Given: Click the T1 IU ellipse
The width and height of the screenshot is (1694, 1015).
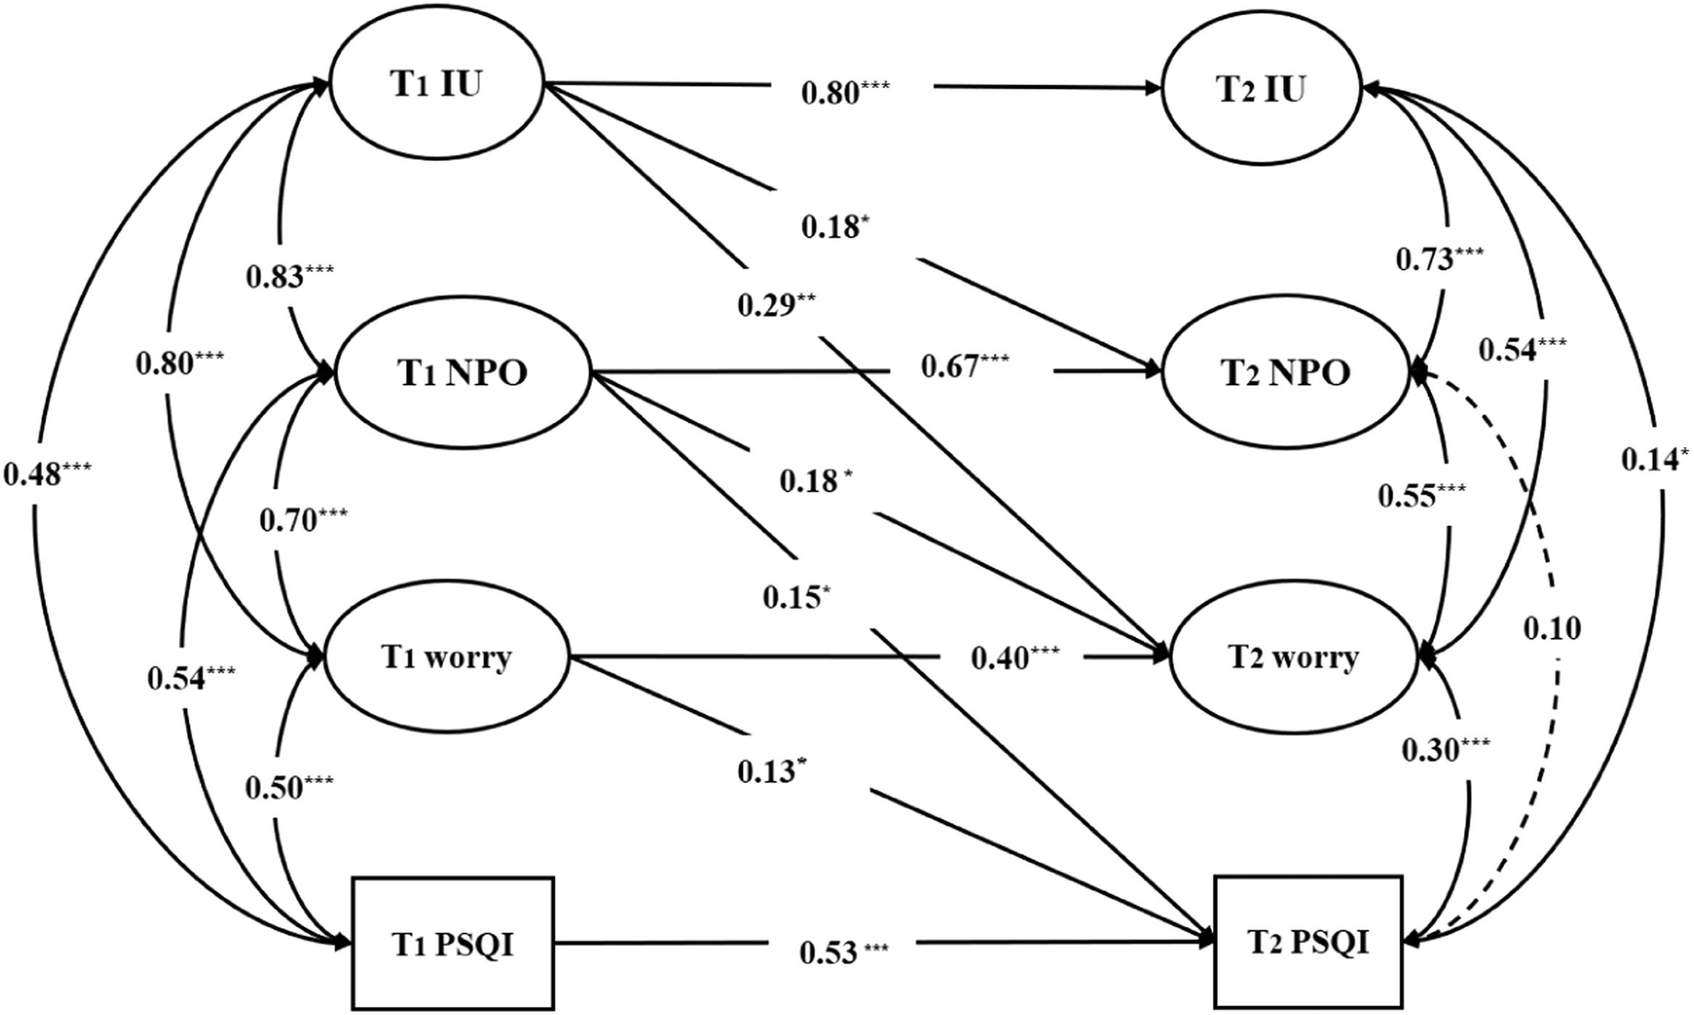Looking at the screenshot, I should [436, 86].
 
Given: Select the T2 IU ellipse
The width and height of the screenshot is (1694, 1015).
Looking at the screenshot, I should [1263, 89].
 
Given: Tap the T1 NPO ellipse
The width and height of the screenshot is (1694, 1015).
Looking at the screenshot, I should [462, 373].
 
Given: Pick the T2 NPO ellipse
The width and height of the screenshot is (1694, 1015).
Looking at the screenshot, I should [1286, 373].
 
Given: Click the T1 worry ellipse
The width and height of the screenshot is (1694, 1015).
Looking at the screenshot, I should [447, 658].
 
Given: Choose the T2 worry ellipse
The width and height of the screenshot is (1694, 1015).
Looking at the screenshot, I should [1293, 658].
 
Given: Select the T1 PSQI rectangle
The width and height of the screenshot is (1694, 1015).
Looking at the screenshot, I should [453, 943].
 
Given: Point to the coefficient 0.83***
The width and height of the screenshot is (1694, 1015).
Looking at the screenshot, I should [290, 276].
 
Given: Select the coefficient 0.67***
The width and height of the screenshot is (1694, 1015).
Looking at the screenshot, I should [964, 366].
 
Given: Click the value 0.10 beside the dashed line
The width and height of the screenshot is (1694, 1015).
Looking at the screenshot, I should [1552, 628].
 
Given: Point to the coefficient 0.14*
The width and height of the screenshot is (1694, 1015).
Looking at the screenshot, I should [1655, 459].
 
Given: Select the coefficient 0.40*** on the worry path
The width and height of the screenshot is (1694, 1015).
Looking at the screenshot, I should [1015, 658].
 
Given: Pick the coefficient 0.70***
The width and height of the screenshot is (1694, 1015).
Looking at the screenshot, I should [303, 520].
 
